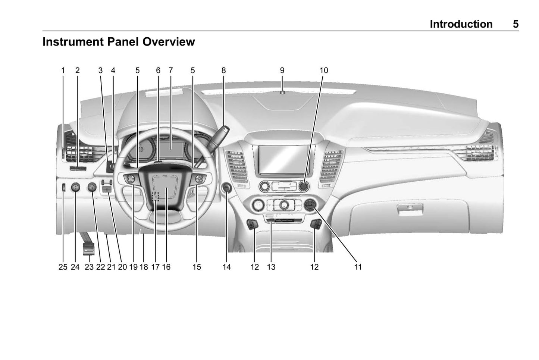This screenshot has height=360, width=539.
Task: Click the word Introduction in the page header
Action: (461, 24)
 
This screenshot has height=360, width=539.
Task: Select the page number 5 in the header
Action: (515, 24)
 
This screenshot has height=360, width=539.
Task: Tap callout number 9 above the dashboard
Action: (282, 70)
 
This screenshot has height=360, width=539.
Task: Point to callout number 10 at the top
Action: (323, 70)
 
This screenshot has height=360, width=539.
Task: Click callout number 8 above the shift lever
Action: (223, 70)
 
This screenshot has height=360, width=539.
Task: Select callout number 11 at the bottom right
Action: (358, 267)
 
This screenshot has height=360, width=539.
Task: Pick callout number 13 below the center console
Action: (271, 267)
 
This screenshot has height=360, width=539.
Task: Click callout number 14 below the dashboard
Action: (226, 267)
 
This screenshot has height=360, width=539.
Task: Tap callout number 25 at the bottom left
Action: (63, 267)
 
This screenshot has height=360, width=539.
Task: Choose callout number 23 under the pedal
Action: (89, 267)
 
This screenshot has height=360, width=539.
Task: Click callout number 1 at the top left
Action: (63, 70)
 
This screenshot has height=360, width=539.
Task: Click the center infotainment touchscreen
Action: (283, 159)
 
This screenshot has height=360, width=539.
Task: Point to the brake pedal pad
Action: (89, 249)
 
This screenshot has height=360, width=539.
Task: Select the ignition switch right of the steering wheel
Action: (226, 188)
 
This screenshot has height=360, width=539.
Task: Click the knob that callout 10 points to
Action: (304, 185)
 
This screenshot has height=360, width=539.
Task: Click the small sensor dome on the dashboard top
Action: (282, 93)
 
